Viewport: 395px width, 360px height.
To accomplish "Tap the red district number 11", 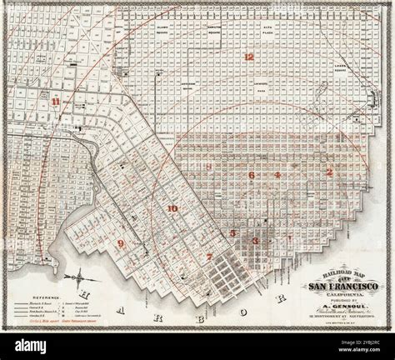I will tap(56, 102).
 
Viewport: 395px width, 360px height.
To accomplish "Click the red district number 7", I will tap(210, 257).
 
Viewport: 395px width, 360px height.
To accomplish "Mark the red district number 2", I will tap(328, 172).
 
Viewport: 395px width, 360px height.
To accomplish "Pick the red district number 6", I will tap(250, 176).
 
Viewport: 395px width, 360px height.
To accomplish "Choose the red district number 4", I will tap(277, 176).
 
